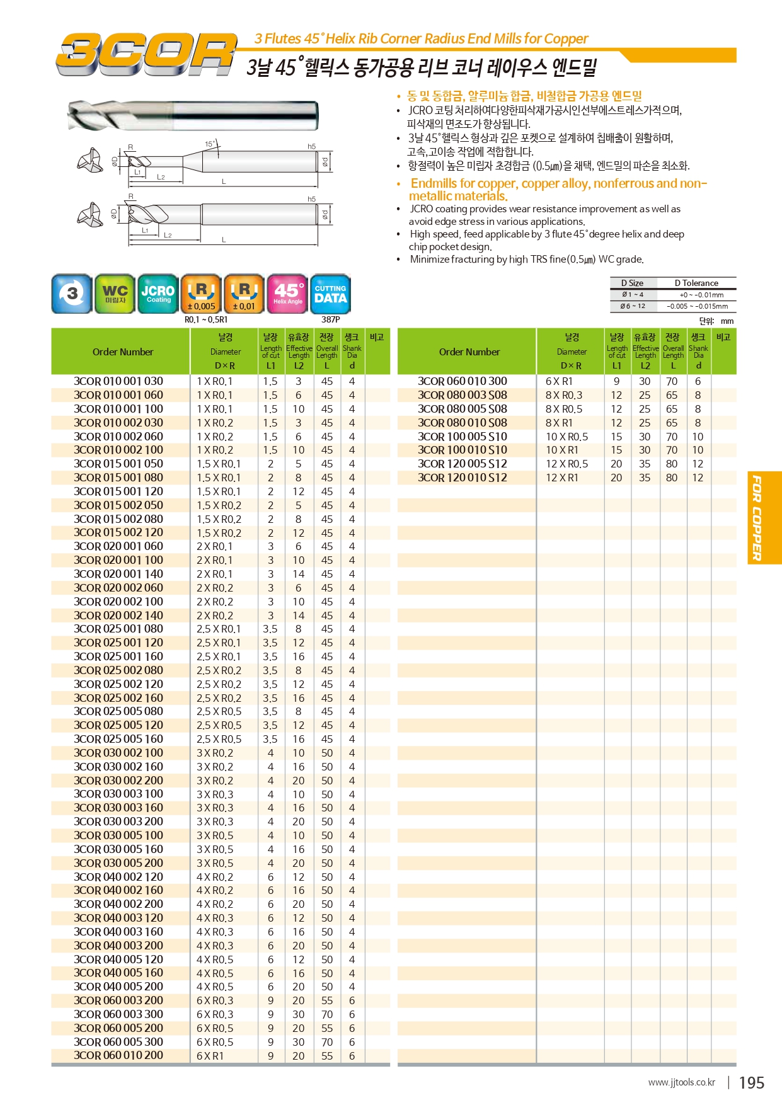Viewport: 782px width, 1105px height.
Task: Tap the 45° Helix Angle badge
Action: coord(287,294)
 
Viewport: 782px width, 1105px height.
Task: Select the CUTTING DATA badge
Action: coord(330,294)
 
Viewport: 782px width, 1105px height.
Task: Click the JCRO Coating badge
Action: coord(158,294)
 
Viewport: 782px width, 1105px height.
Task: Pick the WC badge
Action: coord(115,294)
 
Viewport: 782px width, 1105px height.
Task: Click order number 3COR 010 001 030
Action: coord(118,381)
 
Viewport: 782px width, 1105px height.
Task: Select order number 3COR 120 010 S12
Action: coord(463,478)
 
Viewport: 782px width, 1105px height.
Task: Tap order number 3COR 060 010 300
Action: coord(463,381)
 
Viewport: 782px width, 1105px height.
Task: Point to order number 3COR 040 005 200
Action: coord(118,987)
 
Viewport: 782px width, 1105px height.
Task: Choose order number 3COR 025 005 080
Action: coord(118,711)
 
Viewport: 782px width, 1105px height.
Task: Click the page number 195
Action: coord(751,1083)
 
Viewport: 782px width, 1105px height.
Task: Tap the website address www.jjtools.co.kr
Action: coord(681,1082)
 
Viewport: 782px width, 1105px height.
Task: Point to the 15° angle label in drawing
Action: coord(210,144)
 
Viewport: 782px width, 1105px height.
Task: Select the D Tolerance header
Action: coord(696,283)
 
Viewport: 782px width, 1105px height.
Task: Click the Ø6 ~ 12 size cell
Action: coord(633,306)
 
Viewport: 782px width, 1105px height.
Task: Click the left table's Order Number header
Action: coord(123,352)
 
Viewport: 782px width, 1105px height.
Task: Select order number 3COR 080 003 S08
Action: coord(463,395)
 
